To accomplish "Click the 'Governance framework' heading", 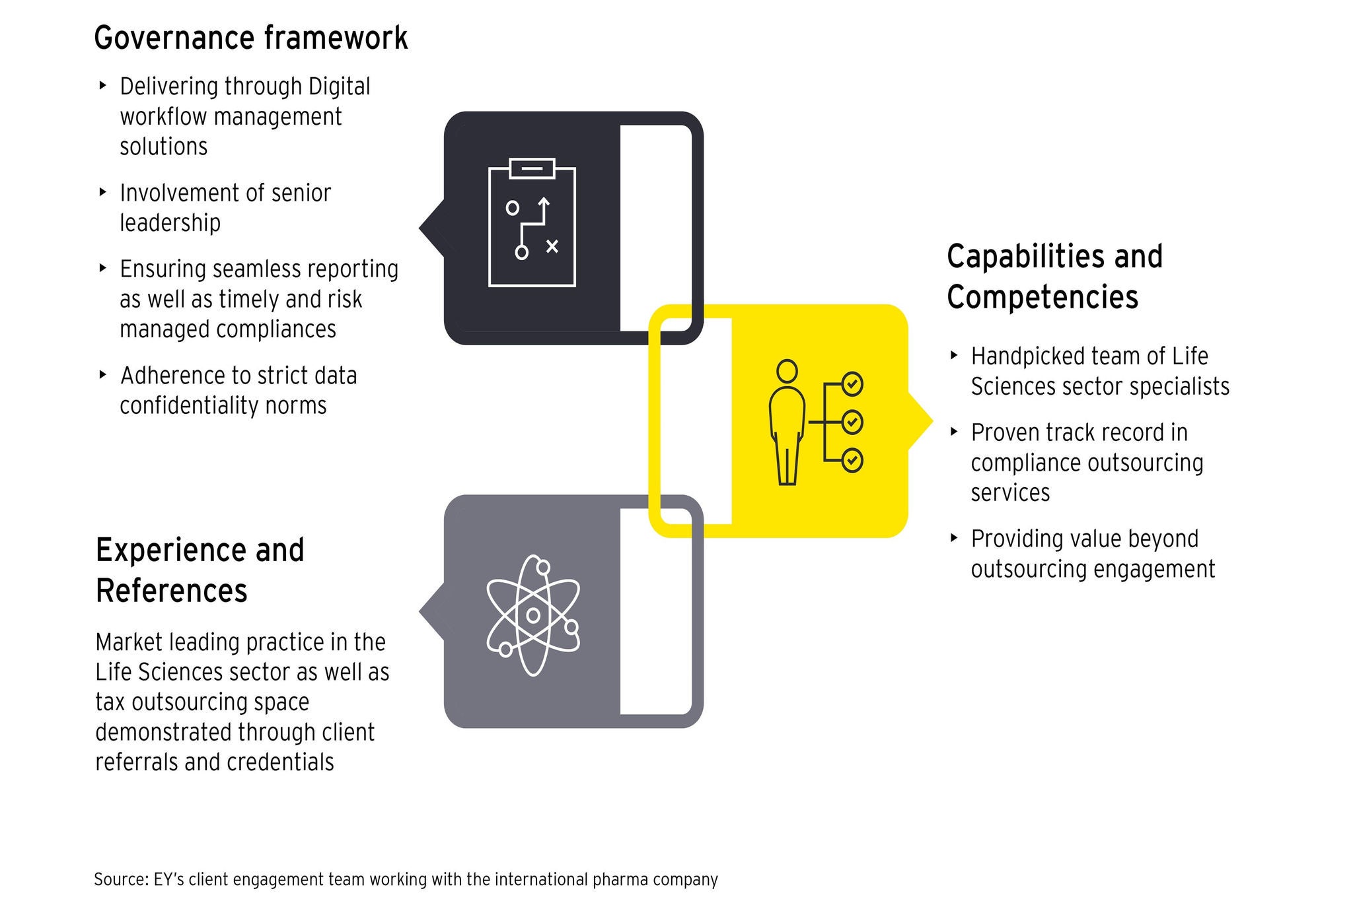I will click(x=250, y=38).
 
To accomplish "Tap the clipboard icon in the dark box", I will click(x=532, y=222).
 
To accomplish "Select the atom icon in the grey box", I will click(x=532, y=615).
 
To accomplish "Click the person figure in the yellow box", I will click(x=787, y=422).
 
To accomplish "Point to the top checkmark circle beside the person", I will click(x=852, y=384).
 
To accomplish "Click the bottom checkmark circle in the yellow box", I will click(x=852, y=460).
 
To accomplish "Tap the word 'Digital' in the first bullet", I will click(x=340, y=86).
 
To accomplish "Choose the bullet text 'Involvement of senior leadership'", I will click(x=225, y=207).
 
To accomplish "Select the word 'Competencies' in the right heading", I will click(x=1042, y=297).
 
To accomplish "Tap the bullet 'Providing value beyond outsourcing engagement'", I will click(x=1092, y=554).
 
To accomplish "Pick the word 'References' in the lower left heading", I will click(x=171, y=590).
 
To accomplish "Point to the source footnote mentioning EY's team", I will click(x=406, y=879).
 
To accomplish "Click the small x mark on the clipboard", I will click(x=552, y=246).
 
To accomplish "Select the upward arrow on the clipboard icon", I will click(x=544, y=206).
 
